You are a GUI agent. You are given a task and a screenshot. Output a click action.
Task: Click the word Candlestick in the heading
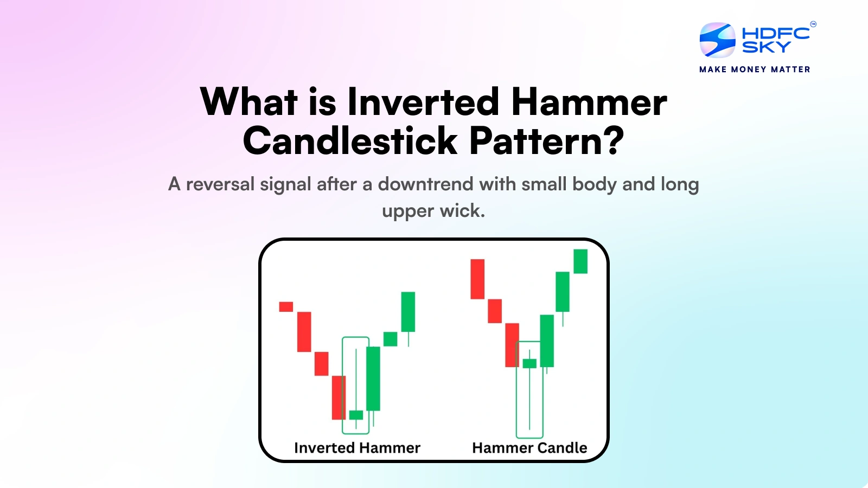[350, 141]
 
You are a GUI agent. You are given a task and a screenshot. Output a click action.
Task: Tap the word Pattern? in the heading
[546, 141]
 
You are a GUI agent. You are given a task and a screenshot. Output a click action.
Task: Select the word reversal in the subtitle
[220, 184]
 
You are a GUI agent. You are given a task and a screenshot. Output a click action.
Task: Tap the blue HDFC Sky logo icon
[717, 40]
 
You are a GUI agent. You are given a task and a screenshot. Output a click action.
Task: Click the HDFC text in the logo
[776, 34]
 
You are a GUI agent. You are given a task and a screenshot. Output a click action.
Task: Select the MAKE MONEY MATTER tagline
[755, 69]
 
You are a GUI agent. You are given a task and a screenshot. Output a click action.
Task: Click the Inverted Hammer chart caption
[357, 448]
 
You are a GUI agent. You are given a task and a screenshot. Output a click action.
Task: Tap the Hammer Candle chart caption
[529, 448]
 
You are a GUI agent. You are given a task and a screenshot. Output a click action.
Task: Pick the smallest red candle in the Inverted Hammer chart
[286, 307]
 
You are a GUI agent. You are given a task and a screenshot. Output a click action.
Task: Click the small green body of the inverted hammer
[356, 415]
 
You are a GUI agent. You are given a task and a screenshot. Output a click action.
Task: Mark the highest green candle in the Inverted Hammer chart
[408, 312]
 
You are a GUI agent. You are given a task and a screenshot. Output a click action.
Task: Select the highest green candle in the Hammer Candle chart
[580, 261]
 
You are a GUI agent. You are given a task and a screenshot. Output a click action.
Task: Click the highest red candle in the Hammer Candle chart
[477, 279]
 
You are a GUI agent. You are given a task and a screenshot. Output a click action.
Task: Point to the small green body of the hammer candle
[529, 363]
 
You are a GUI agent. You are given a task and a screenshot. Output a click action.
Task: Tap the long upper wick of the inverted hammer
[356, 380]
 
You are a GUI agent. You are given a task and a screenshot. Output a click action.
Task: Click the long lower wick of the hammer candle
[529, 399]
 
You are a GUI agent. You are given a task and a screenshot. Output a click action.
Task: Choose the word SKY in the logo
[767, 48]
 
